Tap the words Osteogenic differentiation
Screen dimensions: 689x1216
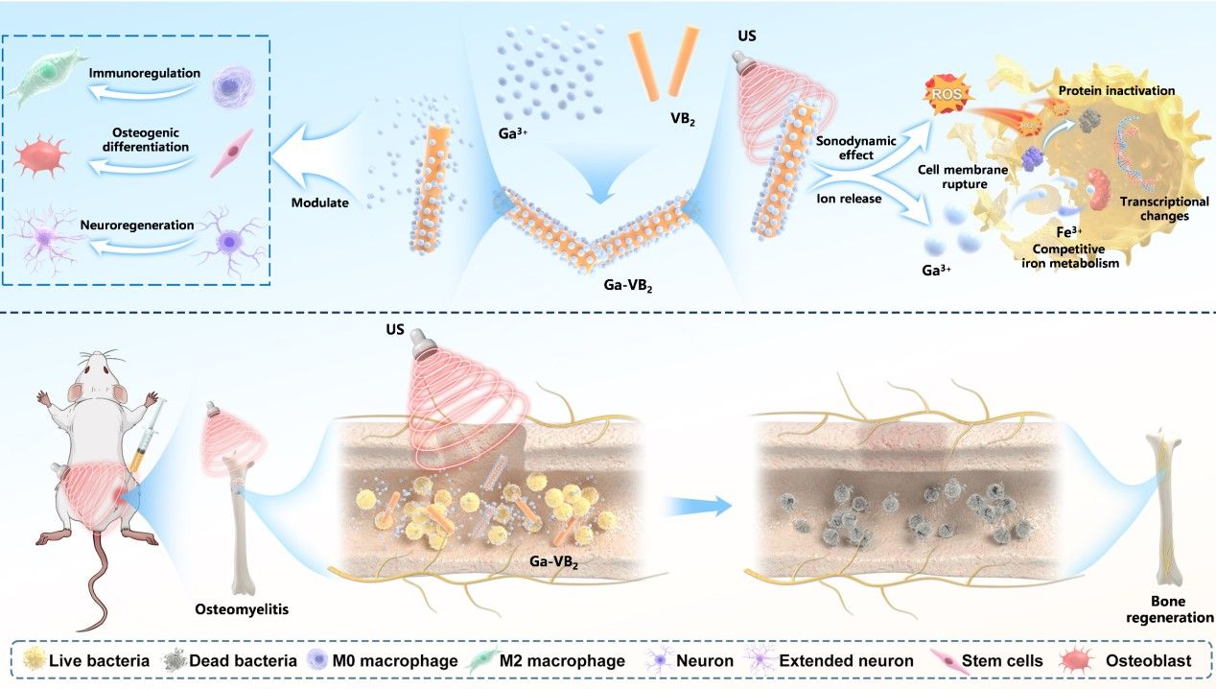point(139,138)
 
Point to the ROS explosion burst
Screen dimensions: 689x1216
point(946,95)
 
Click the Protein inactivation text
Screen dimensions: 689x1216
point(1116,90)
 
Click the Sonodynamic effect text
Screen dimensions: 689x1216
point(856,148)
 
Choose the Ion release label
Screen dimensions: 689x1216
point(852,200)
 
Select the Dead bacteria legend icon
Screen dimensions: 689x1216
point(174,661)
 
